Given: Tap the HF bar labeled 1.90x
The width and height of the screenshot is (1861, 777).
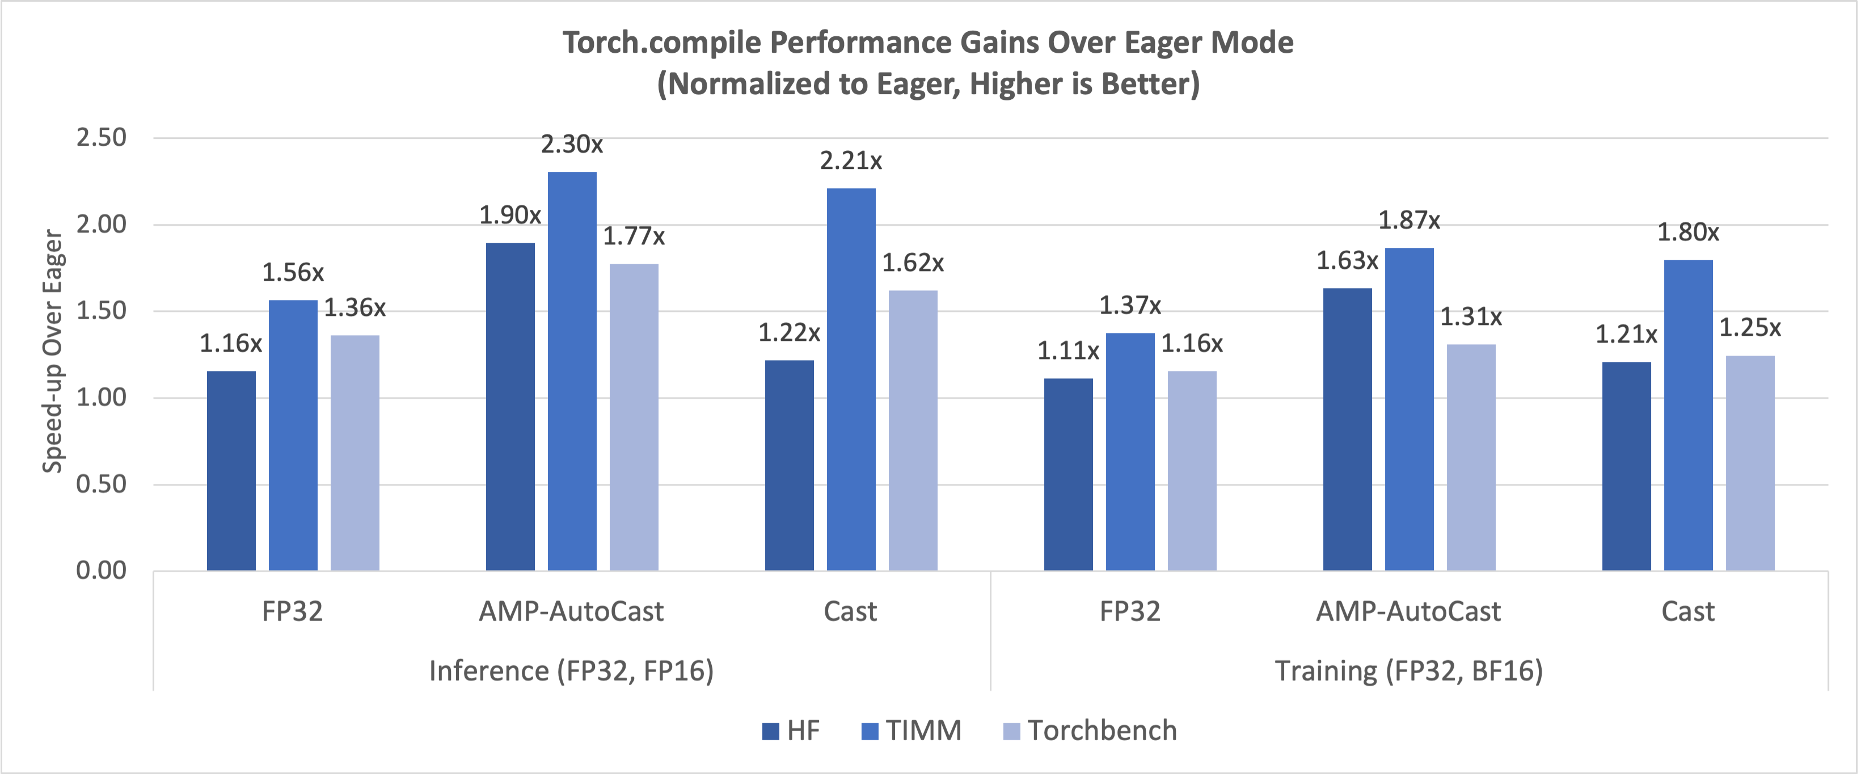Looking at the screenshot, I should coord(510,407).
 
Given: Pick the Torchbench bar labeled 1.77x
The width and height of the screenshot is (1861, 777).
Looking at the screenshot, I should coord(634,417).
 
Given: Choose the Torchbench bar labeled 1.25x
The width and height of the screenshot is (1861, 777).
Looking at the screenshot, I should coord(1750,463).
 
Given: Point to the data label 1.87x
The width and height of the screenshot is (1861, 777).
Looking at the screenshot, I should coord(1409,220).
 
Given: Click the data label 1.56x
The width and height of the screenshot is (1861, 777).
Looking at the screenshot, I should coord(293,272).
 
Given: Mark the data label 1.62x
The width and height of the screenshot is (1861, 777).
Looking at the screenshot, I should coord(913,263).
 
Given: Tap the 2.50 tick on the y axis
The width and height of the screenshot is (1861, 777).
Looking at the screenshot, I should coord(101,137).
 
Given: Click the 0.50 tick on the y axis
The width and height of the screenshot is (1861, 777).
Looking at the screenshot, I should coord(101,484).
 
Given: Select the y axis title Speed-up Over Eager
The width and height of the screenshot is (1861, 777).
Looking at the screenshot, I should coord(53,352).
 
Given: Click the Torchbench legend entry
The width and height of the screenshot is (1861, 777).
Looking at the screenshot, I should coord(1090,731).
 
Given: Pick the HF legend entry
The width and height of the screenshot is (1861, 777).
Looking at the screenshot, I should coord(791,731).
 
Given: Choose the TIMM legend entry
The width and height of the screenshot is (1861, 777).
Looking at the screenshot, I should coord(911,731).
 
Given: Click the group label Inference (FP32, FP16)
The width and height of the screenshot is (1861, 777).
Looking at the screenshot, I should coord(571,671).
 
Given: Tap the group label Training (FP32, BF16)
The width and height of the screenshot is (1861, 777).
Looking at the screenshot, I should coord(1409,671).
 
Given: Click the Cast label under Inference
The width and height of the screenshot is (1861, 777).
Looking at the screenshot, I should coord(850,611).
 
